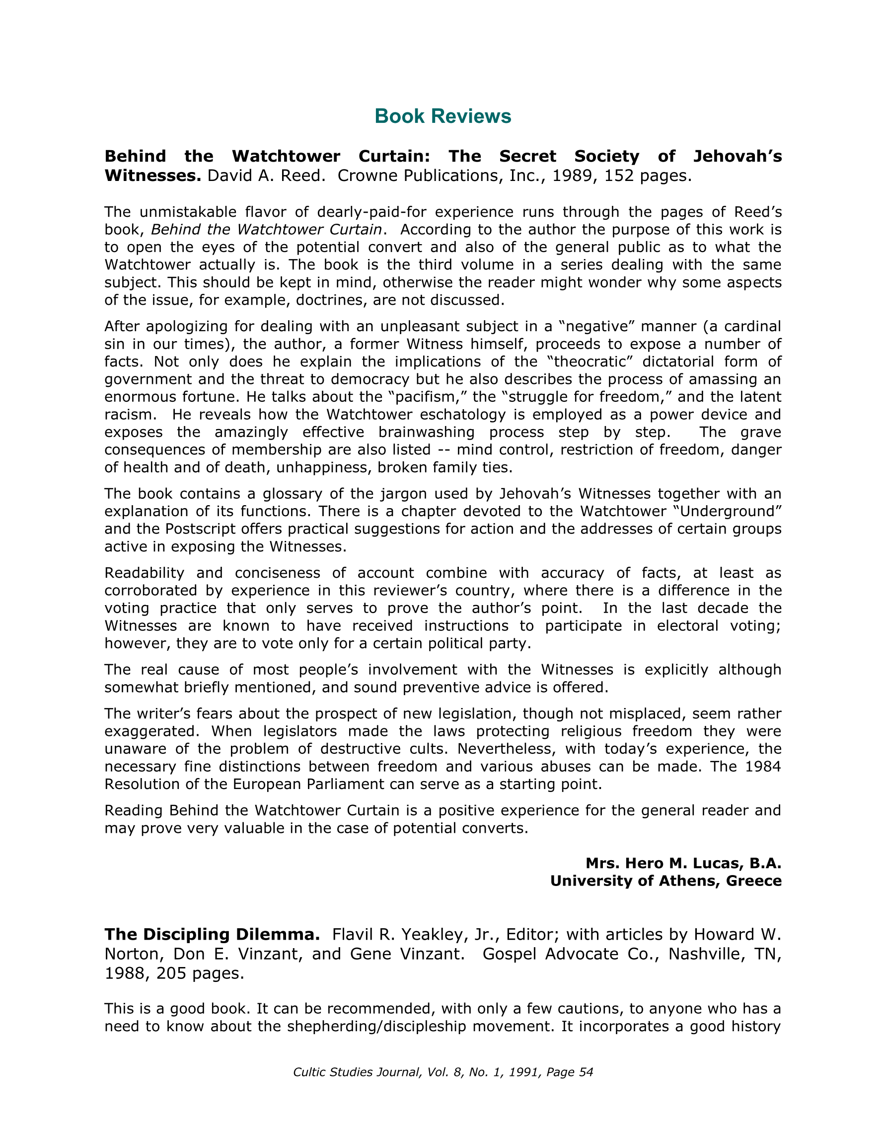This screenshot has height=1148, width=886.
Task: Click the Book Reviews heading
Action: tap(443, 116)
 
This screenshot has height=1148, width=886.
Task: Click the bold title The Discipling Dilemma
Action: tap(212, 935)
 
